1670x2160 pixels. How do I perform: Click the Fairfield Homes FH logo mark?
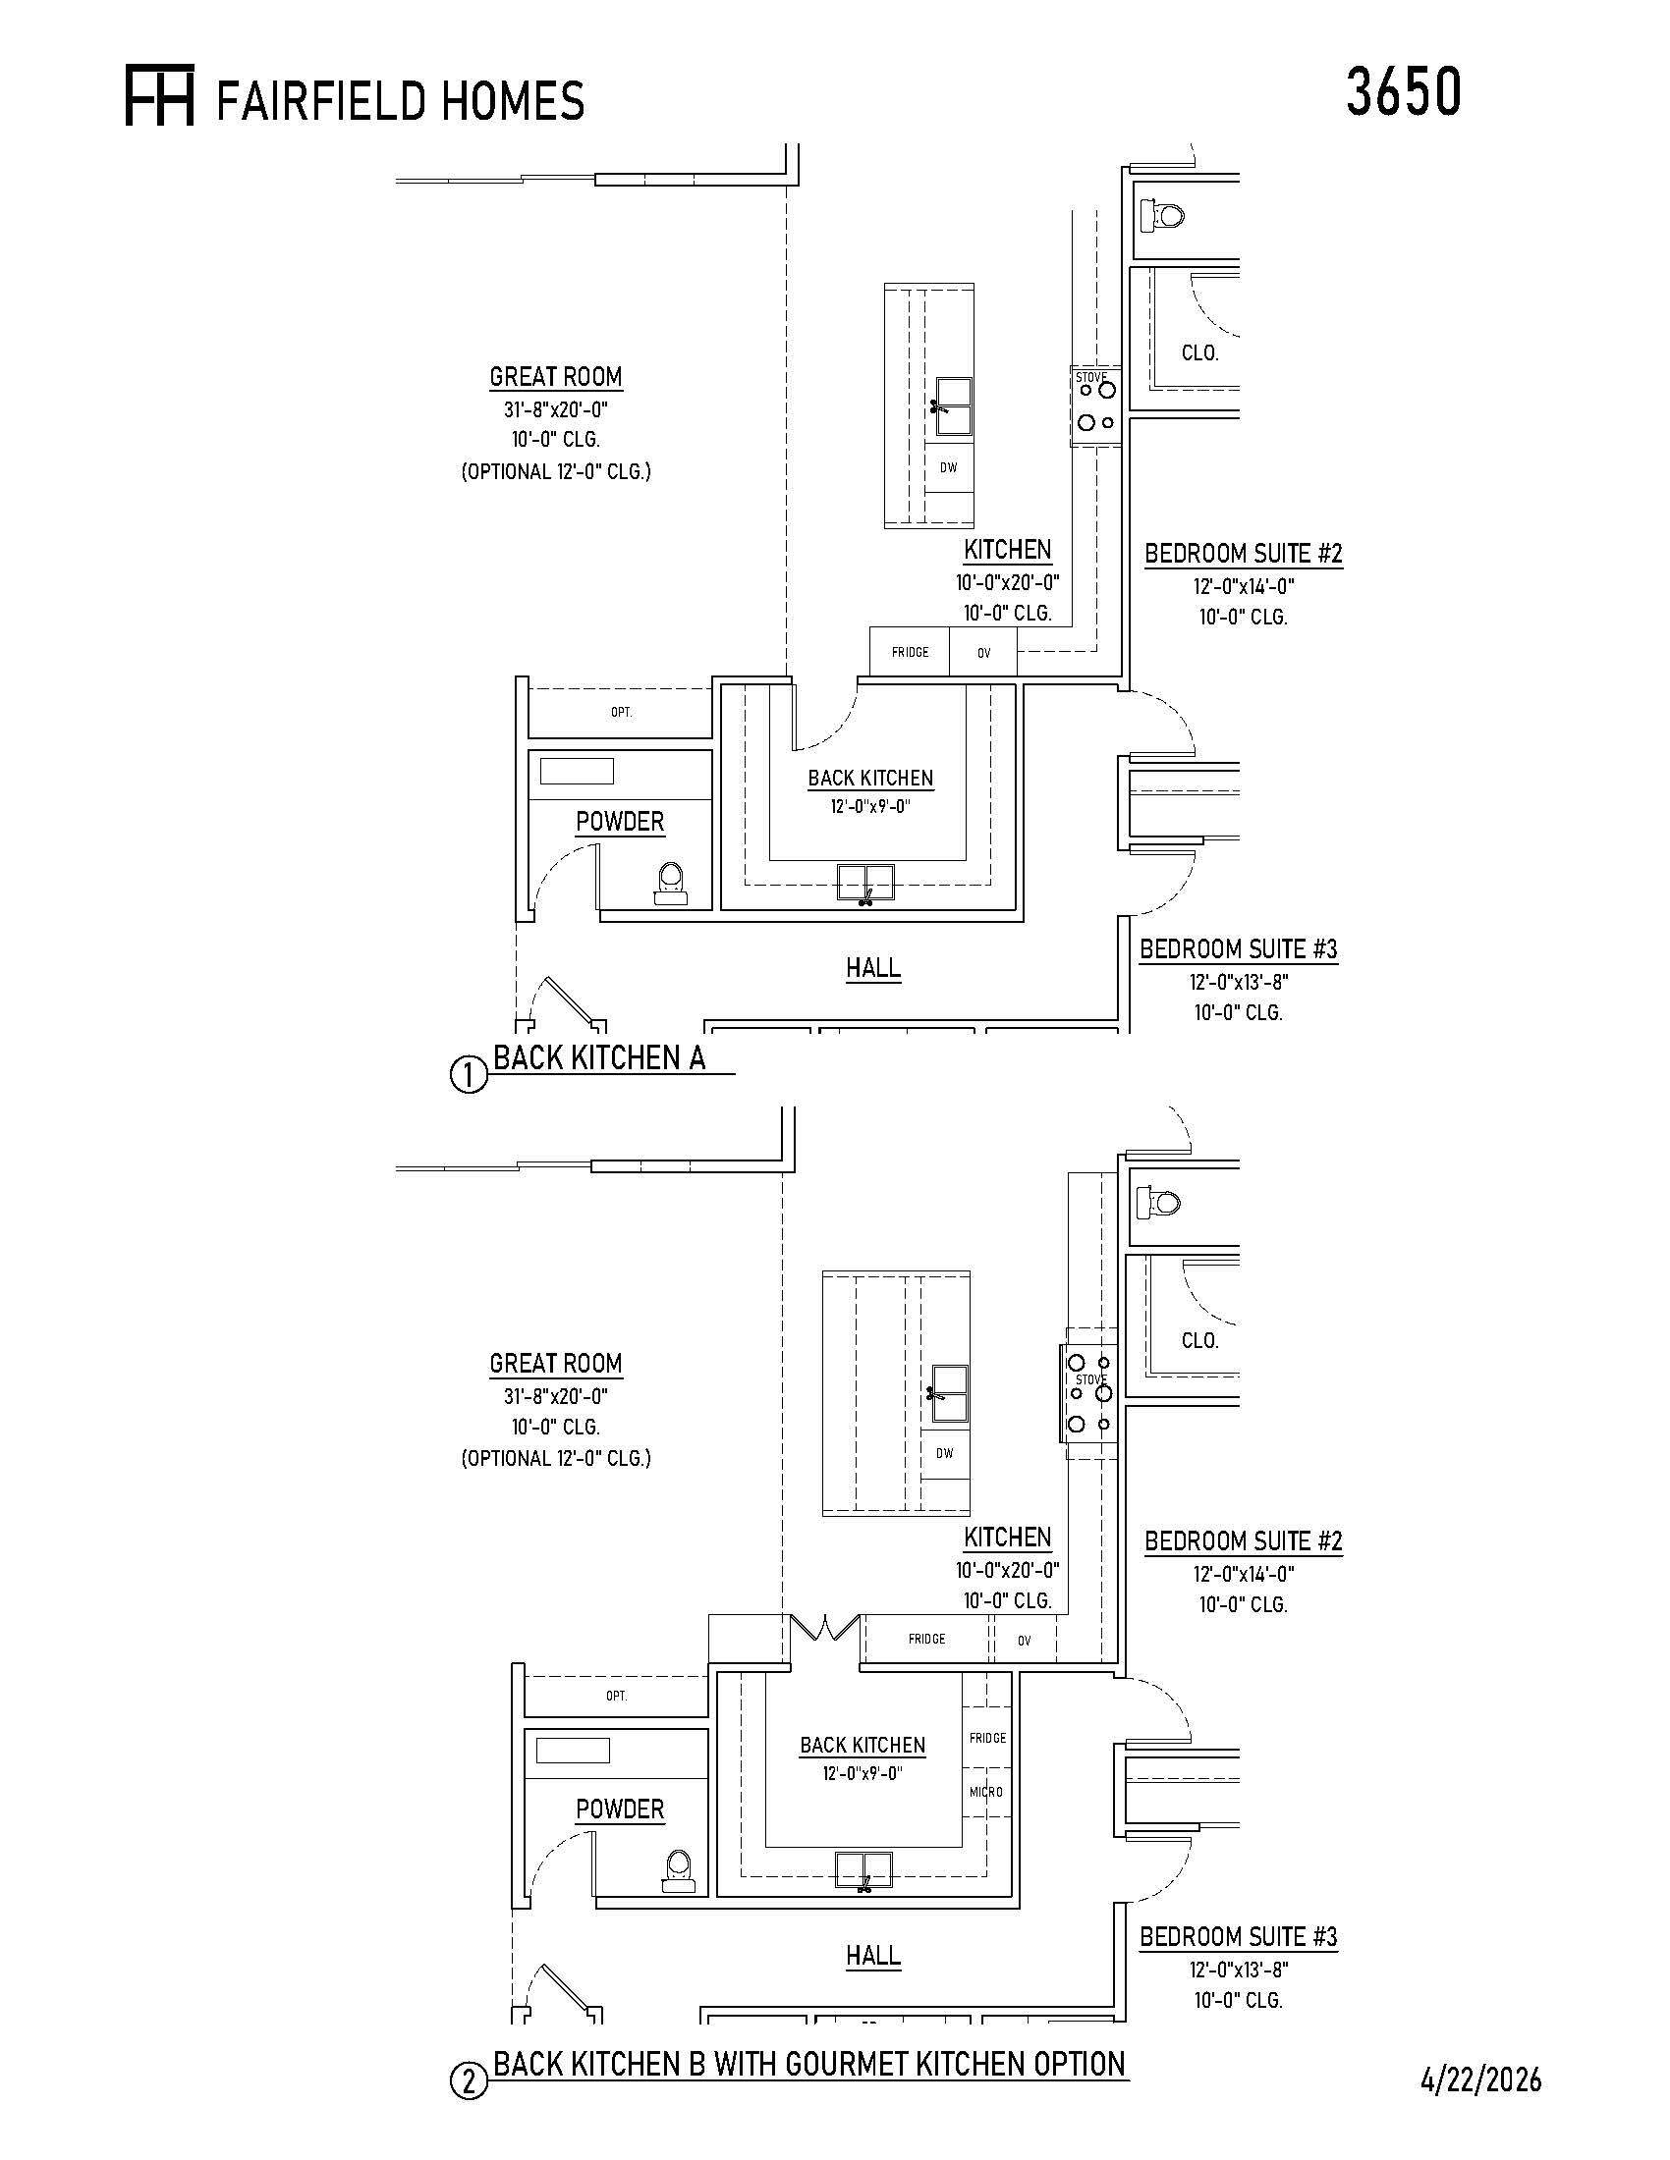(159, 95)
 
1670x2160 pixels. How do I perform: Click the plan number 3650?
(1403, 93)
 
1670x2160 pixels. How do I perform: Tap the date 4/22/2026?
(1481, 2079)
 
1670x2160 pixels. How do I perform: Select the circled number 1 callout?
(469, 1074)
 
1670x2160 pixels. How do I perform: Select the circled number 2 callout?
(469, 2081)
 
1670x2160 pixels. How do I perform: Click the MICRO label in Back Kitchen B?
(986, 1792)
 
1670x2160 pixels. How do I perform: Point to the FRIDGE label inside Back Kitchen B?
(987, 1738)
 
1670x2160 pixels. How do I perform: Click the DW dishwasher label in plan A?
(948, 467)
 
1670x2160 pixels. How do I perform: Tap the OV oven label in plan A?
(983, 653)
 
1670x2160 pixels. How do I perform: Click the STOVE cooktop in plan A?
(1096, 405)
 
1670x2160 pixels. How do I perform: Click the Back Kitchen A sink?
(865, 883)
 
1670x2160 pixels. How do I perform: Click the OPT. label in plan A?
(621, 712)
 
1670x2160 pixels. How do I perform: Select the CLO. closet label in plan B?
(1200, 1341)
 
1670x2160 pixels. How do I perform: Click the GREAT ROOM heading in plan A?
(555, 377)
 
